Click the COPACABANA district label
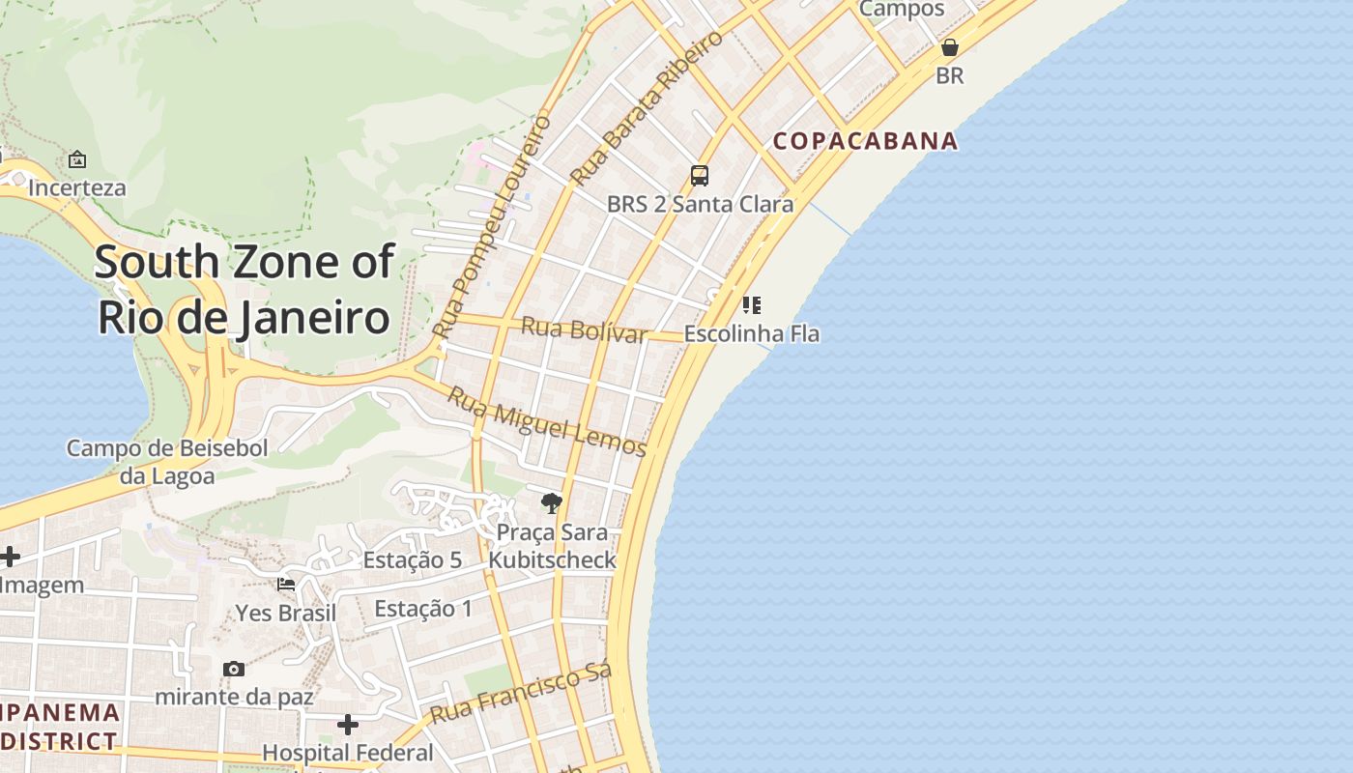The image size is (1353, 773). click(x=865, y=141)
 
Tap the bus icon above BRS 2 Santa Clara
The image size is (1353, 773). click(x=700, y=176)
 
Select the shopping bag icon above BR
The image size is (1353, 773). click(x=950, y=47)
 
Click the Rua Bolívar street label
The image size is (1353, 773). click(x=584, y=329)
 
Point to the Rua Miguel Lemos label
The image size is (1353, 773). click(x=547, y=421)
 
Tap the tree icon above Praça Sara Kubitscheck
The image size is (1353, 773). click(x=552, y=502)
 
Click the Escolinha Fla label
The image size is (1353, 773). click(x=751, y=334)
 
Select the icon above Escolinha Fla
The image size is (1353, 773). click(x=751, y=305)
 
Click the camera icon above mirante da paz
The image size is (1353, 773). click(x=234, y=669)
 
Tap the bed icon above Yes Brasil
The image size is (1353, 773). click(x=286, y=584)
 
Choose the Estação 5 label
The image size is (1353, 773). click(x=412, y=560)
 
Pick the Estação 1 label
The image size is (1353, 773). click(x=423, y=609)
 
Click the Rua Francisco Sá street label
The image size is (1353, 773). click(x=521, y=694)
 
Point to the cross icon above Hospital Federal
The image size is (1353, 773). click(x=348, y=724)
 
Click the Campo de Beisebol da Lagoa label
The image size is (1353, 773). click(x=167, y=462)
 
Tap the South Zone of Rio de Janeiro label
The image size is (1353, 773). click(x=245, y=289)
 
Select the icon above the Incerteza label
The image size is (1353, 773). click(x=77, y=159)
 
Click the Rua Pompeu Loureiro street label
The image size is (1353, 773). click(x=492, y=226)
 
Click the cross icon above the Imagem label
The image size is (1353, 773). click(x=10, y=557)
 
